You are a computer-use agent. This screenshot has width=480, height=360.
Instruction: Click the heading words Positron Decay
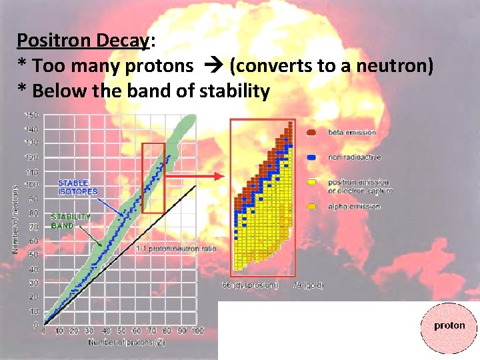point(83,41)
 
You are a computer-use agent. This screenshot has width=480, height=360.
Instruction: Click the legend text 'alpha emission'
point(353,207)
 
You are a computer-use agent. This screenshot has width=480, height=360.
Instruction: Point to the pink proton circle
point(449,326)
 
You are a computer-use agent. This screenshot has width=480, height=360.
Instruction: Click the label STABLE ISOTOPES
point(77,187)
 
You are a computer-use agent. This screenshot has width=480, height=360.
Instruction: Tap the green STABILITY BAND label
point(71,221)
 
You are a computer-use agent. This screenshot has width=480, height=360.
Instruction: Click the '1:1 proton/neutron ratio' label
point(175,249)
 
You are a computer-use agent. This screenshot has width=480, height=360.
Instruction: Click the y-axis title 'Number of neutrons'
point(15,210)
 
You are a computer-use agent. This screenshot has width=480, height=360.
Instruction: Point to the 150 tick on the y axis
point(32,114)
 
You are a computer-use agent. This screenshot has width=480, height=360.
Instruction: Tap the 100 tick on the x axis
point(197,331)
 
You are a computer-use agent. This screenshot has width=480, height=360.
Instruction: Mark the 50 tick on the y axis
point(33,255)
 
